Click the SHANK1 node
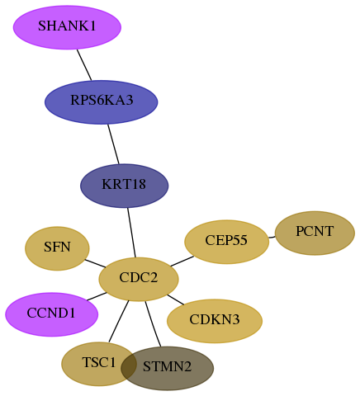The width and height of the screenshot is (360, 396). point(67,27)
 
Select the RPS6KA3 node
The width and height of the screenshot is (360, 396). point(102,102)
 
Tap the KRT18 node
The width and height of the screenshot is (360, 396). point(125,186)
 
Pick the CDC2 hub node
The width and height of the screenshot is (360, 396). point(139,280)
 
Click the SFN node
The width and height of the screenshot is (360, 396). point(57,248)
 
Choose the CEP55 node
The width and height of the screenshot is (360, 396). point(226,242)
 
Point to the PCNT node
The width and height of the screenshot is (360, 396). point(315,233)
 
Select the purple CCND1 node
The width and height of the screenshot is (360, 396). point(52,314)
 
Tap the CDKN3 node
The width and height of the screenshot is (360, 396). point(215,321)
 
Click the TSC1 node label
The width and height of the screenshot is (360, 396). point(99,363)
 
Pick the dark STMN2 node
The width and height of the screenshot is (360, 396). point(167,369)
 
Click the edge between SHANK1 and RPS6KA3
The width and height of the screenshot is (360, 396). point(84,65)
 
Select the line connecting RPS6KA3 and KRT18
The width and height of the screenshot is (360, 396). point(113,144)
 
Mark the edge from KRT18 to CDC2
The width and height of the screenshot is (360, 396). point(131,233)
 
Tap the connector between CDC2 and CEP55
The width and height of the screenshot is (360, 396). point(182,262)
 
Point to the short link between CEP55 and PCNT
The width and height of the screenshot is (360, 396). point(272,237)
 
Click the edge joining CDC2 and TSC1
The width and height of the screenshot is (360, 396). point(119,322)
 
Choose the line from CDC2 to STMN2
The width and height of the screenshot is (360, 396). point(153,324)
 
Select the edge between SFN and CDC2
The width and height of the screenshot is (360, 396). point(95,263)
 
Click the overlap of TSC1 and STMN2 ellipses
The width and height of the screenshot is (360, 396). point(129,364)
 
